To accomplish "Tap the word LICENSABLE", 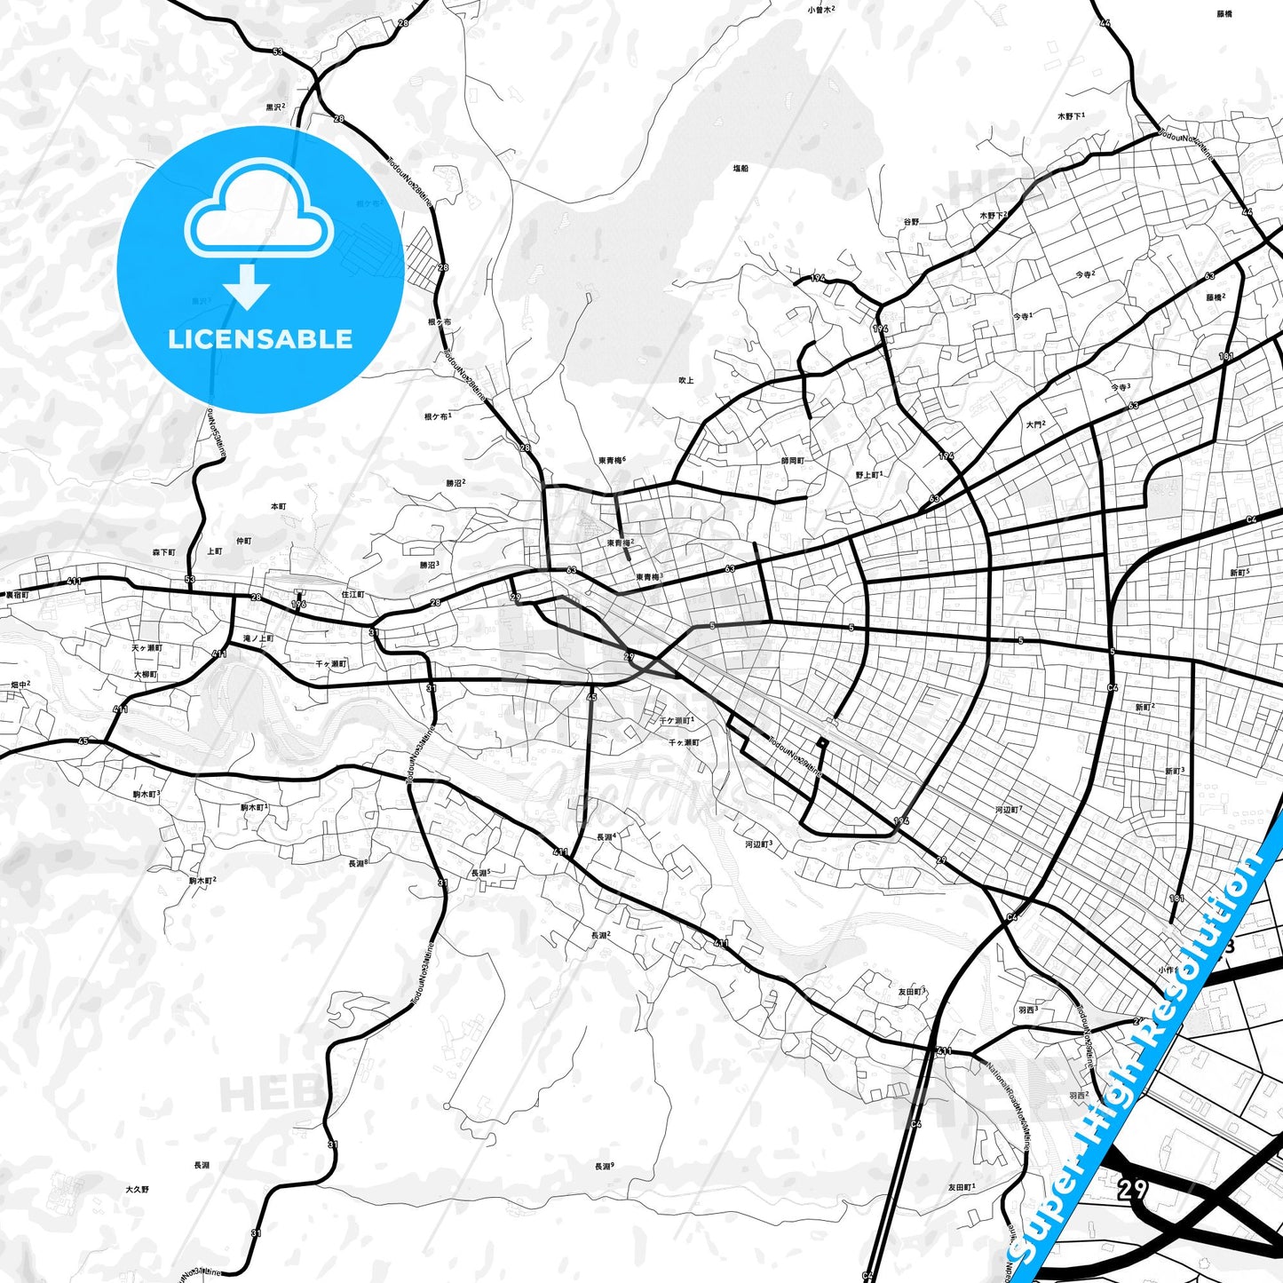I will click(x=260, y=338).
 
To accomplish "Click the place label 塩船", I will click(x=740, y=168).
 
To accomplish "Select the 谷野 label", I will click(x=911, y=222).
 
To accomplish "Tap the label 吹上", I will click(x=685, y=380).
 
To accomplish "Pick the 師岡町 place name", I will click(x=792, y=461).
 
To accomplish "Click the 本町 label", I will click(x=278, y=507).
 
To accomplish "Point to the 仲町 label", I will click(x=243, y=541).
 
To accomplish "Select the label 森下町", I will click(x=163, y=552).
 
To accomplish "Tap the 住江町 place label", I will click(x=352, y=594).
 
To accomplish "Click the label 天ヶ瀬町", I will click(x=147, y=648).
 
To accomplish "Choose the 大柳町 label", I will click(x=145, y=675).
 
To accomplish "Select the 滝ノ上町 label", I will click(x=258, y=638).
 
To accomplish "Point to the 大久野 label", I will click(x=138, y=1189).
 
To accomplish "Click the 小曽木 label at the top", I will click(x=820, y=10).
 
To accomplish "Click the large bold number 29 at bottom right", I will click(x=1132, y=1189).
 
